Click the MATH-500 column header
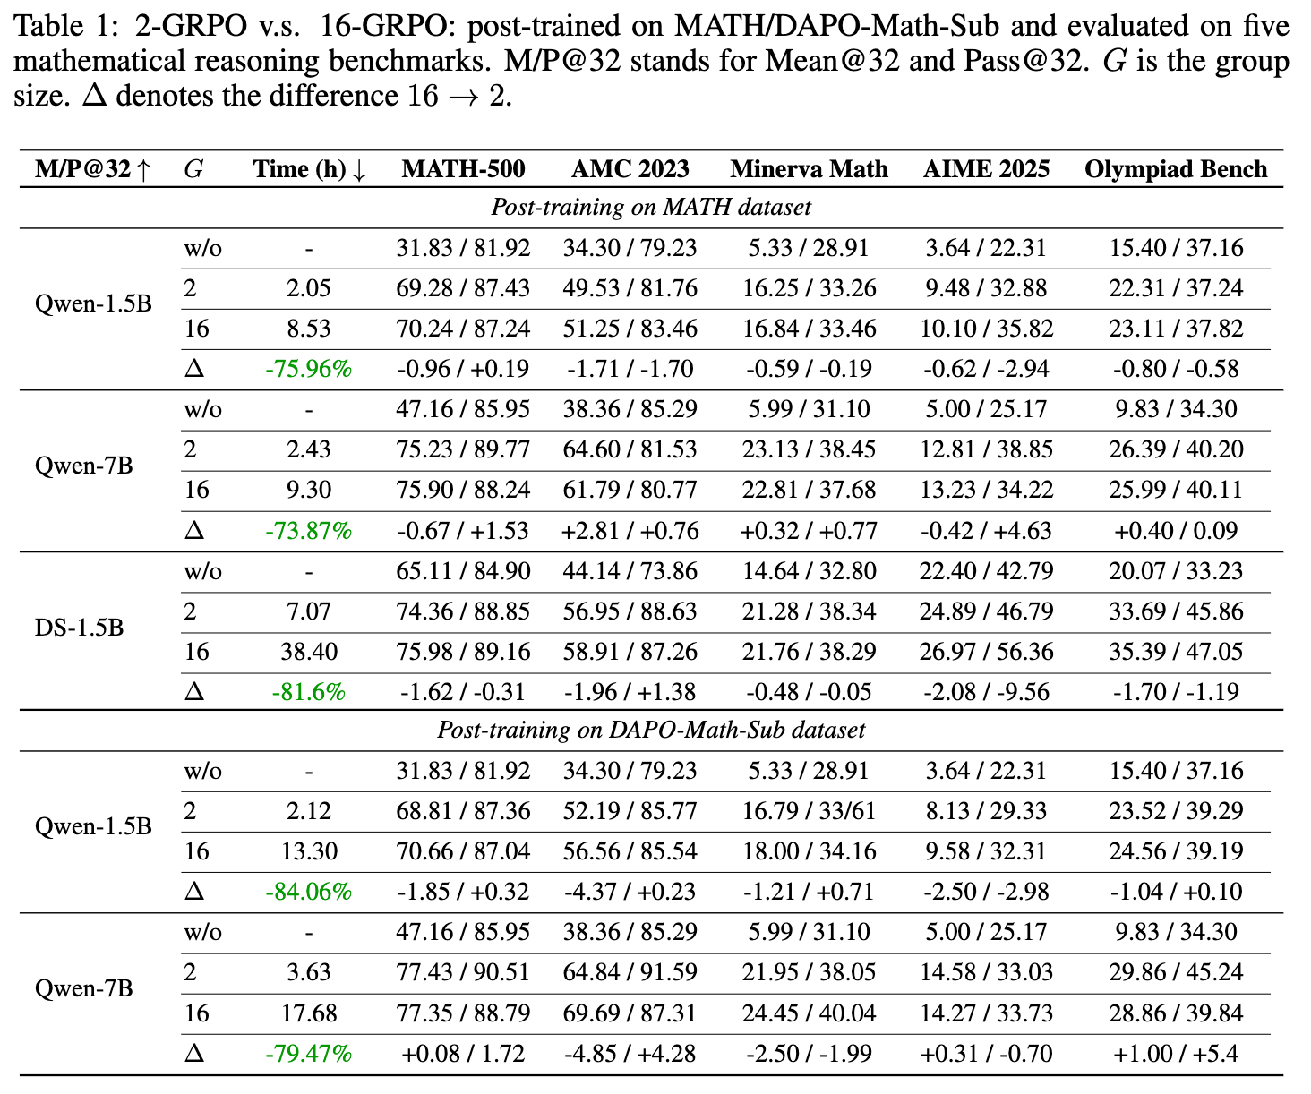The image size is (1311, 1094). click(x=463, y=169)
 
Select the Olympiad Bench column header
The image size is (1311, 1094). click(x=1176, y=169)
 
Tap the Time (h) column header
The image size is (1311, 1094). click(x=309, y=169)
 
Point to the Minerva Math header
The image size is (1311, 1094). click(x=809, y=169)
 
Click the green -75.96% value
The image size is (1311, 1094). click(x=309, y=369)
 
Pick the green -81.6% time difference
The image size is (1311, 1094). click(x=309, y=692)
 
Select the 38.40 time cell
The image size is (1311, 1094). click(x=309, y=652)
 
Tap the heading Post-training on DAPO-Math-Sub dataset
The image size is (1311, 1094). click(x=651, y=731)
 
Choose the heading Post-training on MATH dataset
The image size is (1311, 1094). click(x=651, y=207)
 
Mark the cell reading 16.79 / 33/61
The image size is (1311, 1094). click(x=809, y=811)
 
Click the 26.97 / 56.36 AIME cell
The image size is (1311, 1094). click(x=986, y=652)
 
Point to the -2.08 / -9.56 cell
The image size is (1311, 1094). click(x=986, y=692)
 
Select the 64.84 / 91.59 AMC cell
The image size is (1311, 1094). click(x=630, y=972)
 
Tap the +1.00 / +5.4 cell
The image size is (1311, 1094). click(x=1176, y=1054)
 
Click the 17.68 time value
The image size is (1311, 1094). click(x=309, y=1013)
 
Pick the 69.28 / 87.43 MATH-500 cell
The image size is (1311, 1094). click(x=463, y=288)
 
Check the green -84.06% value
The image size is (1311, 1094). click(x=309, y=892)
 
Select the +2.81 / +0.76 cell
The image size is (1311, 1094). click(x=630, y=531)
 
